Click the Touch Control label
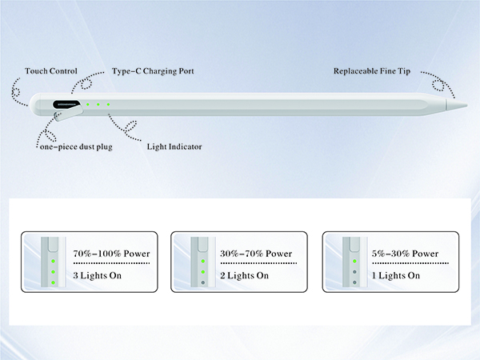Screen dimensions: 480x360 [x=51, y=71]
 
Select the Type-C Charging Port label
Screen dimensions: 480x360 [x=153, y=71]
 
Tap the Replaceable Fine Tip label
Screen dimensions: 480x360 [x=372, y=71]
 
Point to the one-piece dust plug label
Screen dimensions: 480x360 [x=76, y=146]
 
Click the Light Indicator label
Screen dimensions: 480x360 [x=174, y=146]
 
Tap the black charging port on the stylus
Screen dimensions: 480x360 [x=66, y=104]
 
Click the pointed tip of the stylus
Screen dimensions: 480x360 [x=467, y=106]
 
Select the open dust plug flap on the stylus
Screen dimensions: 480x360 [x=68, y=114]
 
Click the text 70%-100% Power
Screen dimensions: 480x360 [x=111, y=254]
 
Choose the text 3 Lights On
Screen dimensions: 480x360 [x=98, y=275]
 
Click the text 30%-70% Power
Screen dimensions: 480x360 [x=256, y=254]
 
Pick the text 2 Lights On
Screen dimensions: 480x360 [x=244, y=275]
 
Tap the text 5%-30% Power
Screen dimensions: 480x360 [x=405, y=254]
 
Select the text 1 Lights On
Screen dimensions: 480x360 [x=396, y=275]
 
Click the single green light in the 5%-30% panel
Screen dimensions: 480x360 [x=354, y=261]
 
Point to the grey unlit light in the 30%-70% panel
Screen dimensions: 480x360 [x=203, y=282]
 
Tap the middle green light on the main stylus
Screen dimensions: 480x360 [x=98, y=104]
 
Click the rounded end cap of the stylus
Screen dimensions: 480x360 [x=34, y=104]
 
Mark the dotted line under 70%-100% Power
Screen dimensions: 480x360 [x=111, y=263]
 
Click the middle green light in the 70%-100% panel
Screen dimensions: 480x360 [x=54, y=272]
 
